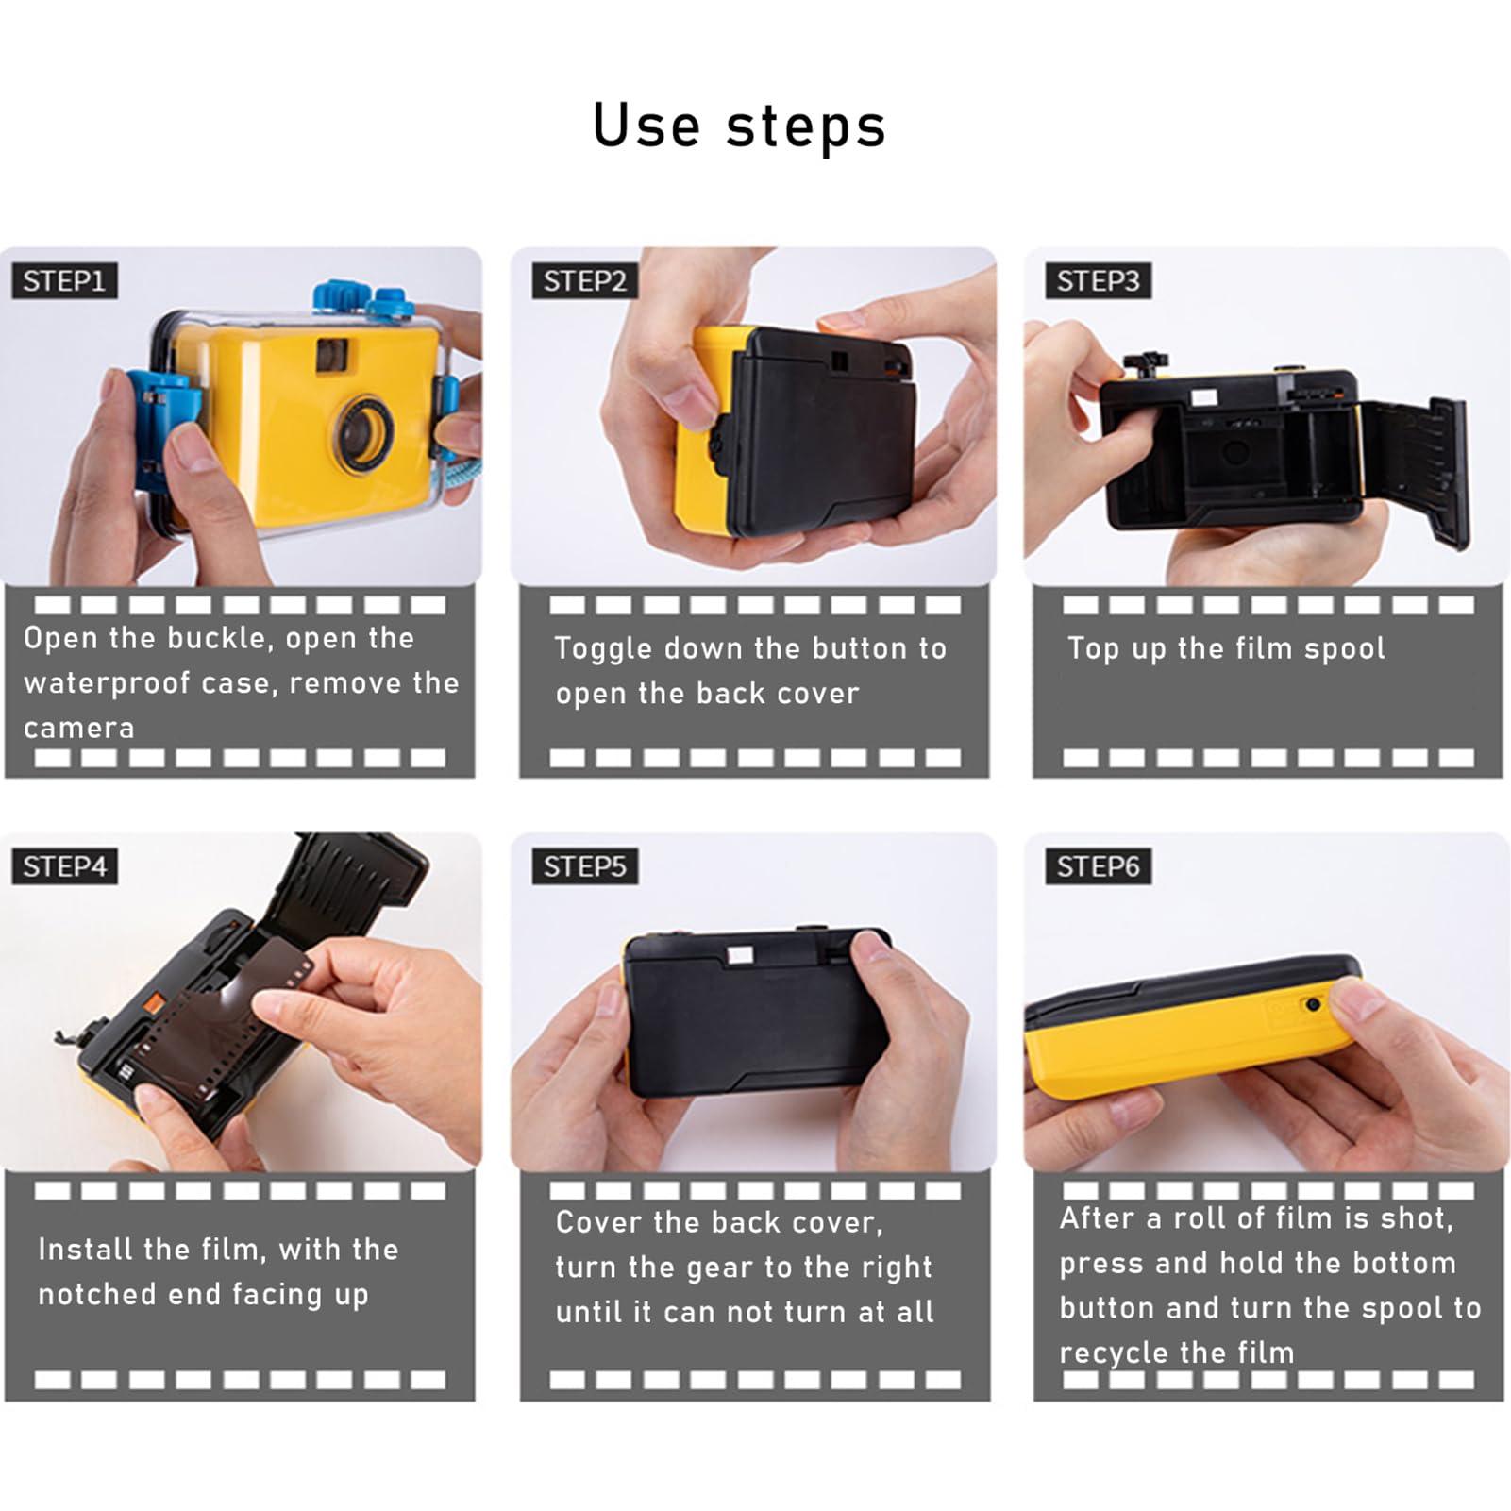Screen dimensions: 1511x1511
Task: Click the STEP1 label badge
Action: tap(64, 281)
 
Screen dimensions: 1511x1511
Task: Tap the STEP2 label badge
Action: tap(584, 281)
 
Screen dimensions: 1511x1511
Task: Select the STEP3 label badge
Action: tap(1098, 281)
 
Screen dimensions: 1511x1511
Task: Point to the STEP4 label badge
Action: tap(64, 866)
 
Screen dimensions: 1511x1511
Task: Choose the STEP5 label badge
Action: tap(584, 866)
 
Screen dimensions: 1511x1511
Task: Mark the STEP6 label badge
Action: tap(1098, 866)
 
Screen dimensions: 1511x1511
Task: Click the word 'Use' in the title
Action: tap(646, 126)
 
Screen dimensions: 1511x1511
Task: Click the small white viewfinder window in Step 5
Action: tap(739, 956)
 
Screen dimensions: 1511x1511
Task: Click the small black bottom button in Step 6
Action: tap(1313, 1004)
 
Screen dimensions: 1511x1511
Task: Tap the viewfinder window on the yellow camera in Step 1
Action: tap(331, 354)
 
